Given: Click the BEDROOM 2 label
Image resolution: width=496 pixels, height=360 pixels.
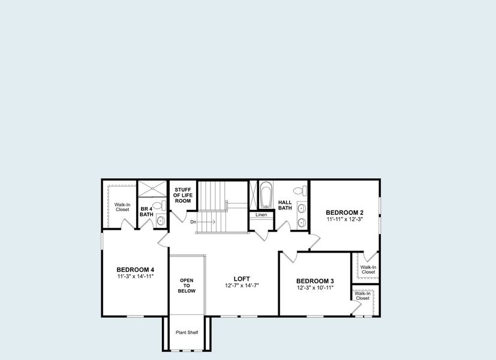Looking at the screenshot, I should click(345, 212).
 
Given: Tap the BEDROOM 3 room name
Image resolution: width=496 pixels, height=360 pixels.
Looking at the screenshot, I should click(315, 281).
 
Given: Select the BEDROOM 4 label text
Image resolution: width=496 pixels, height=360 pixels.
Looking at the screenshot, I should click(135, 269).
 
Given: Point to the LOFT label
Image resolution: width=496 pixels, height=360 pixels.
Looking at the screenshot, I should click(242, 278).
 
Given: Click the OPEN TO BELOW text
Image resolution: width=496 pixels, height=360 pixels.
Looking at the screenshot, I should click(187, 286).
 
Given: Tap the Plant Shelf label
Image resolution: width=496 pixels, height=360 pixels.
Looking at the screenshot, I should click(187, 332).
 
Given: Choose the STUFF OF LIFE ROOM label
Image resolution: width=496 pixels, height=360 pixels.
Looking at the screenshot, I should click(182, 195).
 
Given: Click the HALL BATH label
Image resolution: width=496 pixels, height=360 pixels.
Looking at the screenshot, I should click(285, 205).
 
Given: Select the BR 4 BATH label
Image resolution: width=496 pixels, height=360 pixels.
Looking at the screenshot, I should click(146, 211).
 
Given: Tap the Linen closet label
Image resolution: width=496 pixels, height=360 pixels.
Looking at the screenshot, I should click(261, 215).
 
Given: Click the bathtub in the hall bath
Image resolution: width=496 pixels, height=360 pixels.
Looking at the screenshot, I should click(266, 195).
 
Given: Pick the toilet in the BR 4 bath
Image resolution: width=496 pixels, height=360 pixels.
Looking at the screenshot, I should click(158, 206).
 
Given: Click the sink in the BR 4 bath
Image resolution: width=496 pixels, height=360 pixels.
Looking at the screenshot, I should click(160, 221).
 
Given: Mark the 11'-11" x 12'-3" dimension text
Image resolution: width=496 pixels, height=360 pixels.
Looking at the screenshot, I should click(345, 220).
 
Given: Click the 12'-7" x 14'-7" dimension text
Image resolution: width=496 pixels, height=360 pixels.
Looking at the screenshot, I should click(242, 286).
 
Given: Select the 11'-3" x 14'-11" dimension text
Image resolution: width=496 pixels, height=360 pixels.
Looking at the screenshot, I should click(135, 277).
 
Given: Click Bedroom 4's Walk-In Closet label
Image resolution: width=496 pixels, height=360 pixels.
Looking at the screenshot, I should click(122, 207).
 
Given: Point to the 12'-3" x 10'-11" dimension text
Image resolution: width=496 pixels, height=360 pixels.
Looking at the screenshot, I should click(315, 288).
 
